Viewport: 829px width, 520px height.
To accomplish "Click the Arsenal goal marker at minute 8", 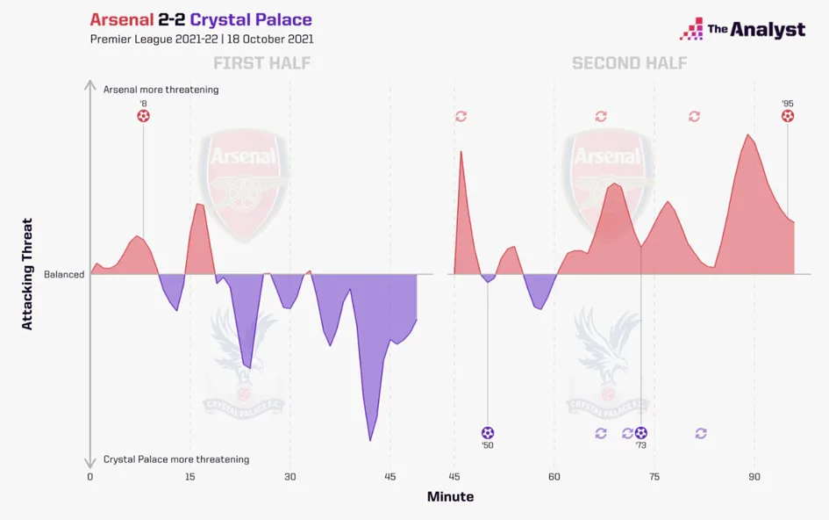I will click(144, 116).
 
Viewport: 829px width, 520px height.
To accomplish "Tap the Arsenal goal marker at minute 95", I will click(788, 116).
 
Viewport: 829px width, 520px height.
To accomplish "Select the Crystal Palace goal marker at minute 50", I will click(488, 433).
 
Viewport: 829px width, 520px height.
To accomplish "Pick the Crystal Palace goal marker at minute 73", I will click(641, 433).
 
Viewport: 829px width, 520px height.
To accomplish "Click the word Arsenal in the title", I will click(124, 19).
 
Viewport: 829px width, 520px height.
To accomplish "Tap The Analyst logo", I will click(742, 29).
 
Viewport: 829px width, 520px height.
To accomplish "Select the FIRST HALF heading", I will click(261, 63).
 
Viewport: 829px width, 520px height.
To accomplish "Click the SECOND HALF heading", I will click(629, 63).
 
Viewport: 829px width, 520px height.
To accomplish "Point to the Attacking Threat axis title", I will click(27, 274).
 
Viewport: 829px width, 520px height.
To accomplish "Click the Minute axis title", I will click(450, 497).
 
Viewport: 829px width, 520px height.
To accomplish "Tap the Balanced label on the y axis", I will click(64, 274).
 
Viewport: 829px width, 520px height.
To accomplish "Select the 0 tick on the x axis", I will click(89, 476).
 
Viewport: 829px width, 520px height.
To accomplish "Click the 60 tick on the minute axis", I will click(554, 476).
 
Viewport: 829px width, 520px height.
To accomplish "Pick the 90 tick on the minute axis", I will click(754, 476).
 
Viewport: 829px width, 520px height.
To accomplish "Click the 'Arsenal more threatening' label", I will click(161, 90).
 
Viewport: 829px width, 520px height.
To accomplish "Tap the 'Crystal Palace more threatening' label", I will click(175, 459).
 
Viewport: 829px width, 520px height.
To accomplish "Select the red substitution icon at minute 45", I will click(461, 116).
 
